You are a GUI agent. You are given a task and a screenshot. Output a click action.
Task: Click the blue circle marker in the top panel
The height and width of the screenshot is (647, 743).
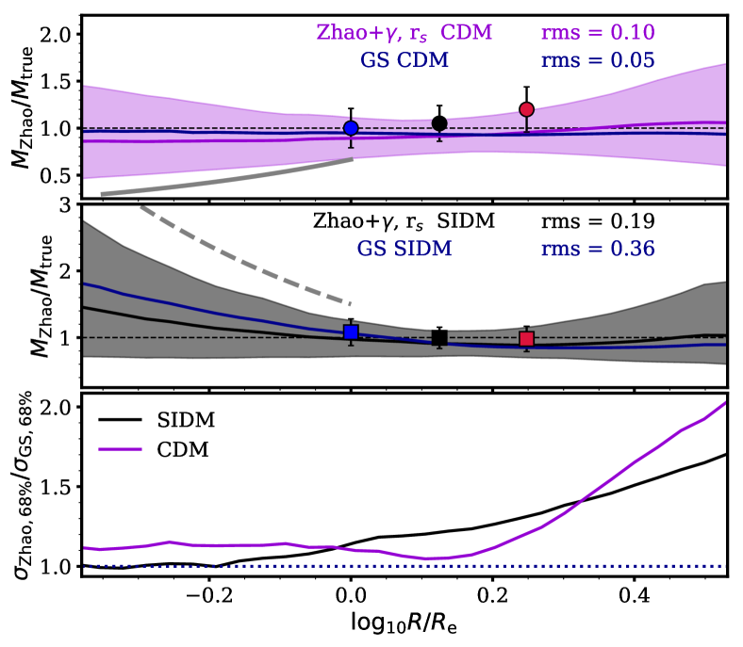pyautogui.click(x=351, y=128)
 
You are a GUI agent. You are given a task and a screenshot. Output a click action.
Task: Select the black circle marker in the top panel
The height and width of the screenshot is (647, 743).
pyautogui.click(x=439, y=123)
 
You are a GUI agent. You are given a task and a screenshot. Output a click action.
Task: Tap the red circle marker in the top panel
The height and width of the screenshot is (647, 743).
pyautogui.click(x=527, y=109)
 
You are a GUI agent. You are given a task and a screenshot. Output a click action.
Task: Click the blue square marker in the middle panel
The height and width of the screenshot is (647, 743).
pyautogui.click(x=351, y=332)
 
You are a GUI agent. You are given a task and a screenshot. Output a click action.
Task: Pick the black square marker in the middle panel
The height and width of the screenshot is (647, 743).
pyautogui.click(x=438, y=338)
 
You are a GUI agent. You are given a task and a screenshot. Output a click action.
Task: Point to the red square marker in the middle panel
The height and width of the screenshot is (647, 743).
pyautogui.click(x=527, y=339)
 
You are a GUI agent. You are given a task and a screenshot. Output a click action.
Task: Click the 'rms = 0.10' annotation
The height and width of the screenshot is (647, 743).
pyautogui.click(x=598, y=34)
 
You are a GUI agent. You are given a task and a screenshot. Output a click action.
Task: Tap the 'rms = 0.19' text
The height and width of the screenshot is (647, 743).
pyautogui.click(x=598, y=223)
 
